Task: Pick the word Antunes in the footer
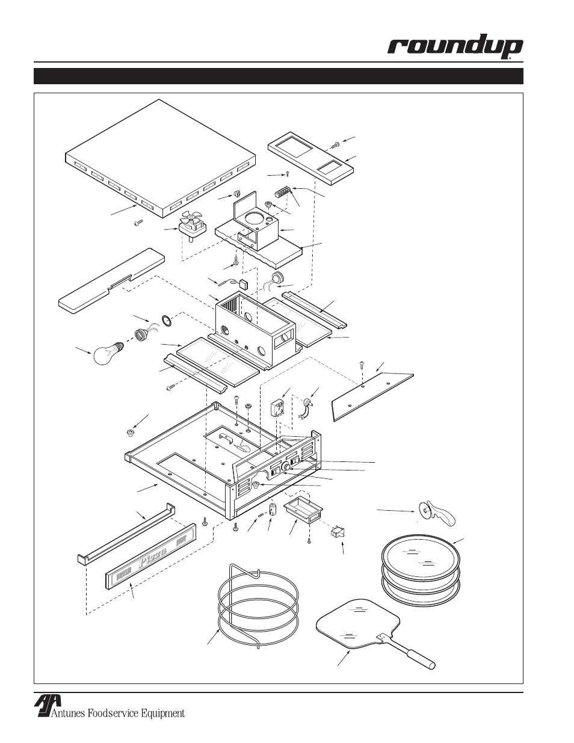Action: click(x=68, y=714)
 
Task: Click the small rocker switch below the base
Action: click(x=338, y=531)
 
